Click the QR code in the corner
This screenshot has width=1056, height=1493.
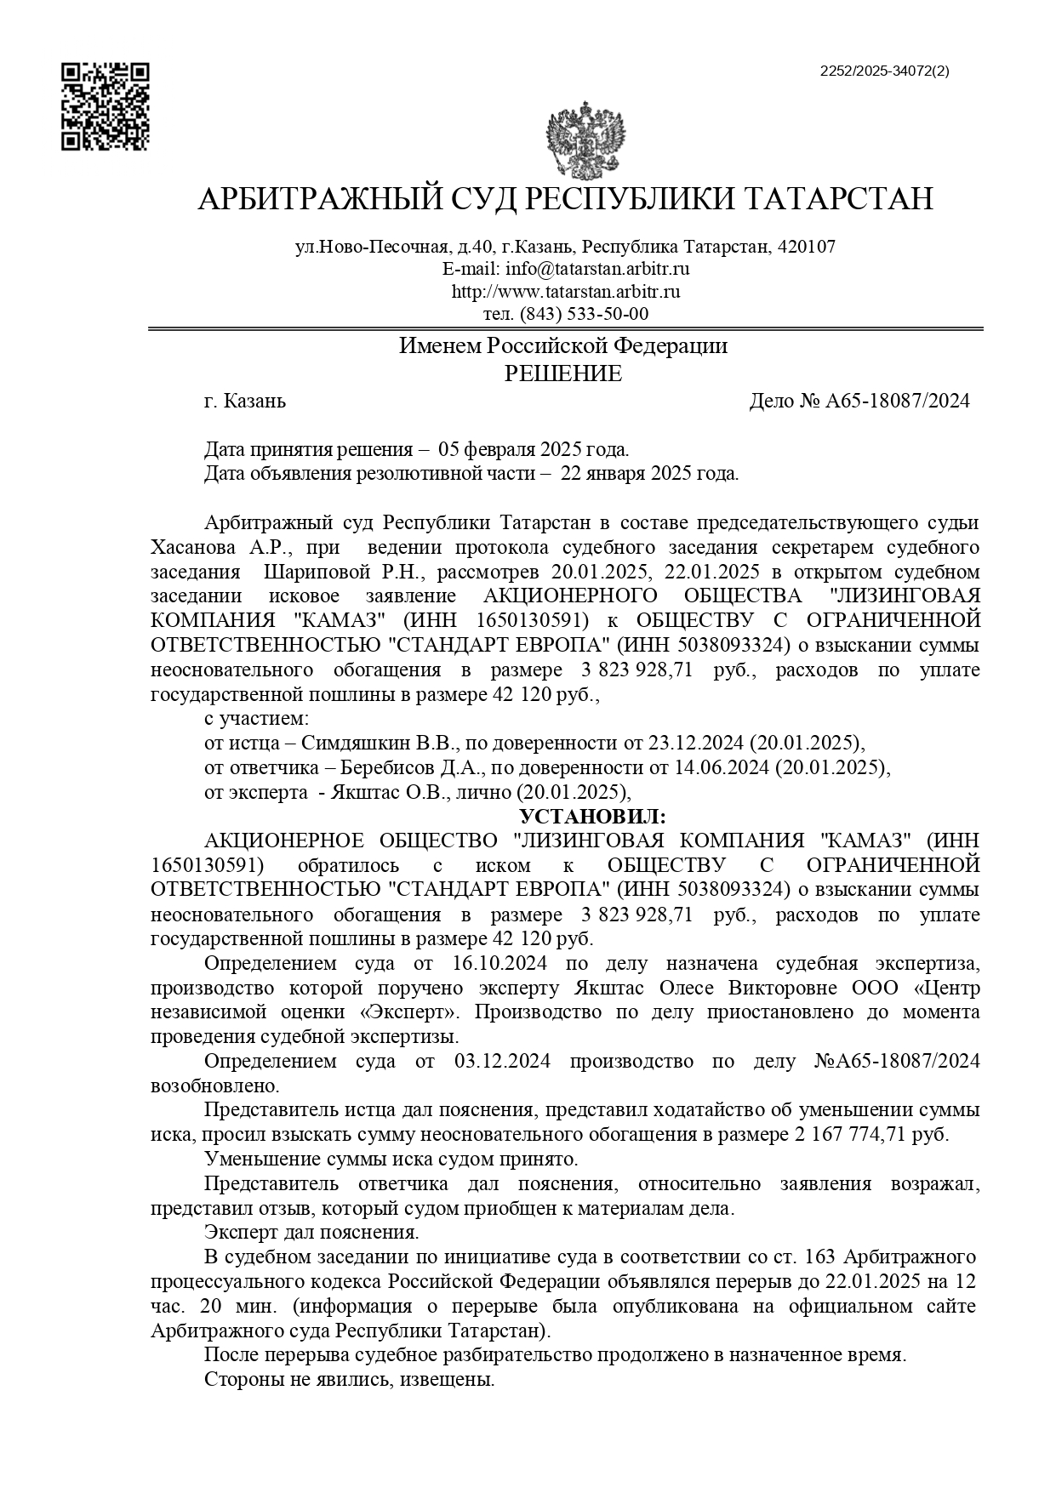[105, 106]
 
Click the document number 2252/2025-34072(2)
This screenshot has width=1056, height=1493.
[884, 71]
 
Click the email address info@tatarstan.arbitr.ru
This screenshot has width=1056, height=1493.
[597, 269]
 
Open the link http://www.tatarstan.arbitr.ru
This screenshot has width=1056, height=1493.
[565, 292]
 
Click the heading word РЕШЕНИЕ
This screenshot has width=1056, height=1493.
[563, 373]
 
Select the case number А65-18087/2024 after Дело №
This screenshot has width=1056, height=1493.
[897, 401]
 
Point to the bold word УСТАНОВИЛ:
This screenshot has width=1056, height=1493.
[593, 817]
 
